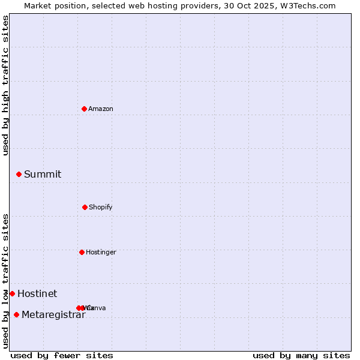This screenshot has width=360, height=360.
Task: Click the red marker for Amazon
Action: click(85, 109)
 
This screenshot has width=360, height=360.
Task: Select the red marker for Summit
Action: click(19, 174)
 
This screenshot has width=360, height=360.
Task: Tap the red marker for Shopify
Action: click(85, 207)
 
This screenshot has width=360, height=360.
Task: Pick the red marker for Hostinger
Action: click(82, 252)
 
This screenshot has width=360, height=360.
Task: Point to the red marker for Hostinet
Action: click(12, 293)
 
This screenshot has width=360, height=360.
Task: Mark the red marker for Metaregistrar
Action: click(16, 314)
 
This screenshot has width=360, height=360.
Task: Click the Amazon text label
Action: click(101, 109)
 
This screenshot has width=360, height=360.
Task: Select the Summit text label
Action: click(43, 174)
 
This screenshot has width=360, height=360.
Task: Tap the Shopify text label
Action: click(101, 207)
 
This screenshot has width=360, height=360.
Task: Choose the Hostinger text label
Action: click(101, 252)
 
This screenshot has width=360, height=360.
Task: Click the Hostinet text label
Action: click(37, 293)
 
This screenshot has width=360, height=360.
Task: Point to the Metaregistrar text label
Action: click(53, 314)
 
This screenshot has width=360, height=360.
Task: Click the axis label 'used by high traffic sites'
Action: click(5, 85)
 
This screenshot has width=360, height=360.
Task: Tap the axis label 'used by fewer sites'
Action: click(62, 355)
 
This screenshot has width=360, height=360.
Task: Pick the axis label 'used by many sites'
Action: click(301, 355)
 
